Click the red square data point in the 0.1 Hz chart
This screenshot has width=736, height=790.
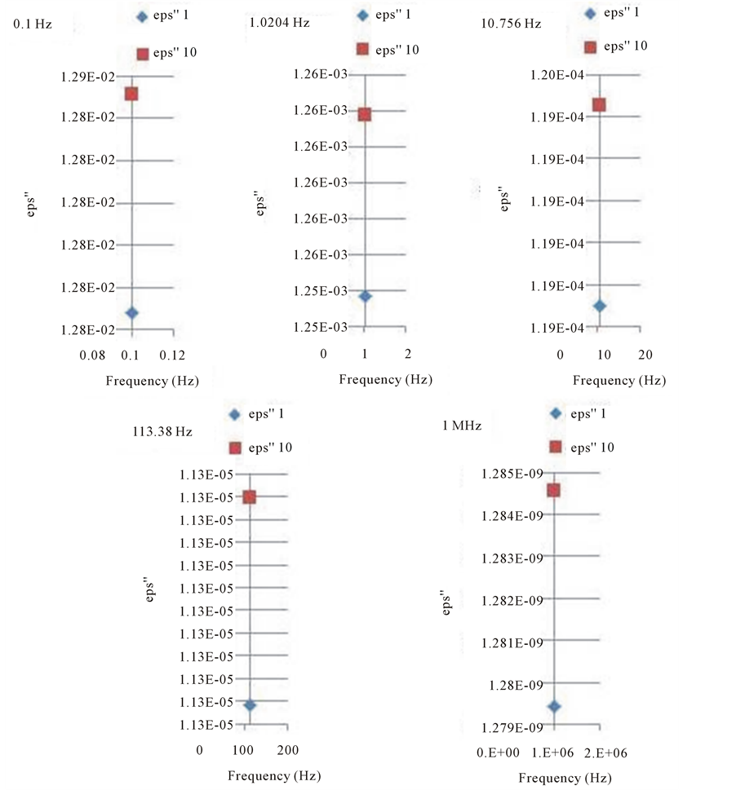[x=131, y=94]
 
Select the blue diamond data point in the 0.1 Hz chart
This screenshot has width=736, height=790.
[x=131, y=313]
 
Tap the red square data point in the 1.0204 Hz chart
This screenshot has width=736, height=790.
[x=365, y=114]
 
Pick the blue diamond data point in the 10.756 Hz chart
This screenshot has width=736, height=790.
[x=600, y=306]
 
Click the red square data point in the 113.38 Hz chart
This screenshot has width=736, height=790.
[x=250, y=497]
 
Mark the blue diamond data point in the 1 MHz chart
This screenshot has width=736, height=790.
[x=554, y=706]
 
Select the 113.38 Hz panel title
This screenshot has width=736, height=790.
[x=162, y=432]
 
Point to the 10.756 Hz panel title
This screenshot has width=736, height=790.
[x=512, y=24]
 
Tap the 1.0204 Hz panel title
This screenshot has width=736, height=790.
[x=279, y=23]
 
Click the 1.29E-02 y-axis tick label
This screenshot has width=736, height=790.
[x=85, y=77]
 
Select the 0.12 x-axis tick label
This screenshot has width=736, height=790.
[x=172, y=355]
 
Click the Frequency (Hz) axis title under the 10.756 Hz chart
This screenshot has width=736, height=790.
[x=619, y=380]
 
